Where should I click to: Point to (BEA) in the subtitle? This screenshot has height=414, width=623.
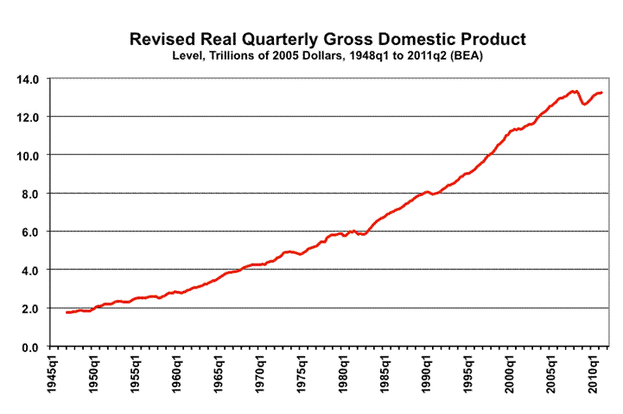497,56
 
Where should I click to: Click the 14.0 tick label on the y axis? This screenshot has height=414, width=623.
29,79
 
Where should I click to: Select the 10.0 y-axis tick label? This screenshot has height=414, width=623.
29,156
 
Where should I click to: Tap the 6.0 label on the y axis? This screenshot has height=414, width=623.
31,232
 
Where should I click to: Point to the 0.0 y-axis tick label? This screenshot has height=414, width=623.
31,347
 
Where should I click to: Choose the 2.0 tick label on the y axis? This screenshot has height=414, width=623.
31,309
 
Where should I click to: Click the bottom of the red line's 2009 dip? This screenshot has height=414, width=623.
586,104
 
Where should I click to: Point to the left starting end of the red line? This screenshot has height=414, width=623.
67,312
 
